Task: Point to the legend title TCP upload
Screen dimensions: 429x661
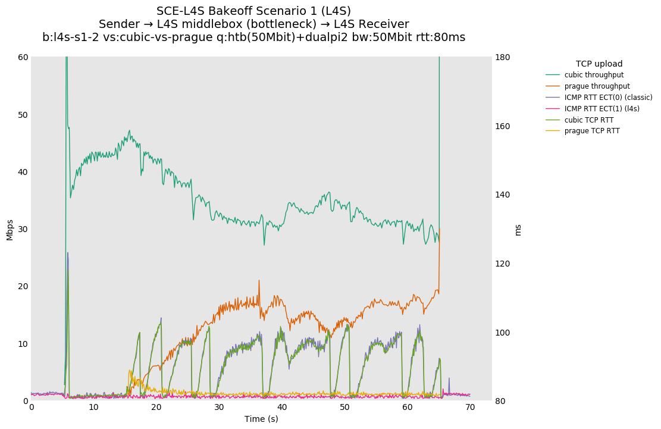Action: (x=599, y=64)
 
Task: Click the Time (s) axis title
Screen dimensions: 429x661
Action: (x=261, y=419)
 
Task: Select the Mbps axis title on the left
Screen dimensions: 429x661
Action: (x=10, y=230)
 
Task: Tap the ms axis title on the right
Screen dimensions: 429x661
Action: (x=518, y=230)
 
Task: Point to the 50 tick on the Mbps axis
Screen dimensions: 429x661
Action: (x=23, y=115)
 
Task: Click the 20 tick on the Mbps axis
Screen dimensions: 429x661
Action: (x=23, y=286)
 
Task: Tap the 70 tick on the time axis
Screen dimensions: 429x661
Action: (x=470, y=408)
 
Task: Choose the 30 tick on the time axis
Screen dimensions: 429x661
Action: (x=219, y=408)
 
